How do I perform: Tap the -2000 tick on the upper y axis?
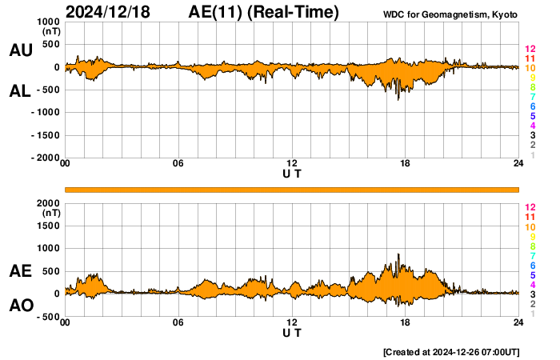click(45, 158)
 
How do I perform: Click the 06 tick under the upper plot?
click(178, 164)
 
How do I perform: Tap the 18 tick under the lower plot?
click(406, 322)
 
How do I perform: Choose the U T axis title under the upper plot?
click(292, 173)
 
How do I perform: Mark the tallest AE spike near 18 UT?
click(398, 255)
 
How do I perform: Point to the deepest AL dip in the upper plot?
click(398, 99)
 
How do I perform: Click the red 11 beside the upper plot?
click(530, 58)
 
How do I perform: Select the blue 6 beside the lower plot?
click(532, 265)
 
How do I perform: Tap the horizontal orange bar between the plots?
click(292, 189)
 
